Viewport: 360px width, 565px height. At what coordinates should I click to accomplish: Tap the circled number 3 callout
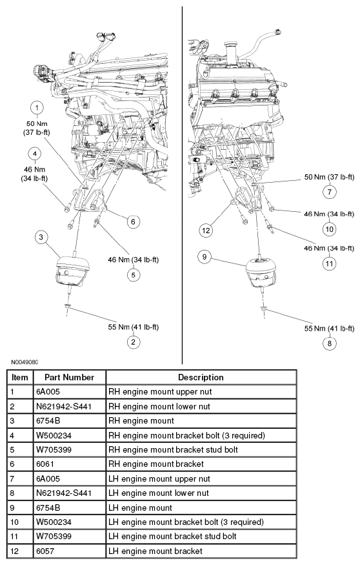tap(41, 238)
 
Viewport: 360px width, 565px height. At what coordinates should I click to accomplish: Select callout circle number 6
tap(132, 221)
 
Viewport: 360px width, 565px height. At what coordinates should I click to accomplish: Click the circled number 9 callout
tap(205, 257)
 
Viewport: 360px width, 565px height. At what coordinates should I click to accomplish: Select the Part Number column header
tap(69, 377)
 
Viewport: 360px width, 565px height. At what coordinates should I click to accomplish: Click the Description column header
tap(201, 377)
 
